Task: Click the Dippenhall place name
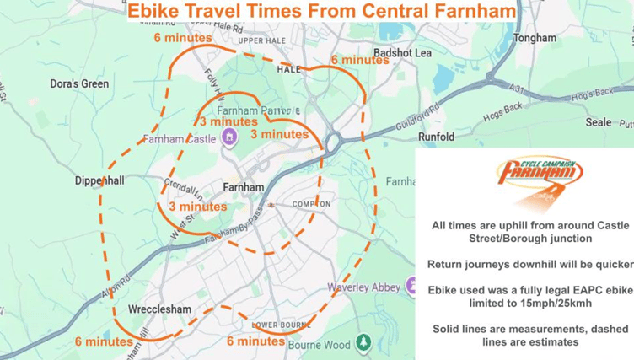coord(99,180)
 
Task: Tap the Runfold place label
coord(436,137)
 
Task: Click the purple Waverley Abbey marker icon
coord(411,287)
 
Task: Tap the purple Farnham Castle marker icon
coord(227,139)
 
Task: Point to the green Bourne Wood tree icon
coord(363,342)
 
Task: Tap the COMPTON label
coord(311,204)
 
